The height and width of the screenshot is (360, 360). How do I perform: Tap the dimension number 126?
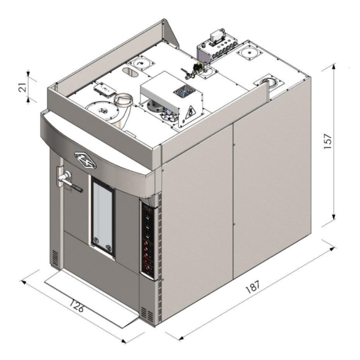coord(76,306)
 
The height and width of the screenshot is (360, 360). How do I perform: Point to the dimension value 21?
coord(22,87)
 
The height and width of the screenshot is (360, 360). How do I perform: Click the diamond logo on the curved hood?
coord(85,160)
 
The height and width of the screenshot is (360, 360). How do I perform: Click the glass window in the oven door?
coord(103,213)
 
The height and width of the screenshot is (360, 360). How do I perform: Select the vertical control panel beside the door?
coord(148,239)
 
